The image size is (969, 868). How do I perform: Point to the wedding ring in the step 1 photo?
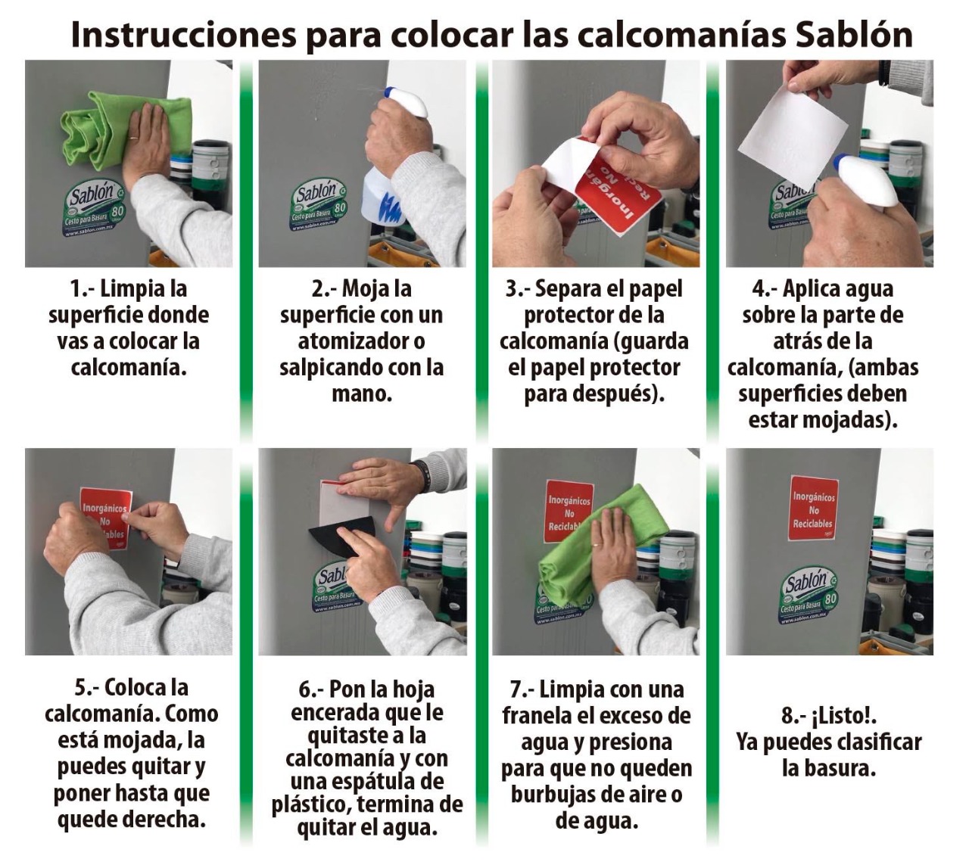[133, 137]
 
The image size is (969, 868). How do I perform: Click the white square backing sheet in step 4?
[793, 132]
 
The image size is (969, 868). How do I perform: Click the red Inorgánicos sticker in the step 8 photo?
[814, 508]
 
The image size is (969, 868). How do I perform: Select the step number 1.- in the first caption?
[83, 289]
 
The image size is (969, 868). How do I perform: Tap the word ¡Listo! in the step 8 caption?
[845, 717]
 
